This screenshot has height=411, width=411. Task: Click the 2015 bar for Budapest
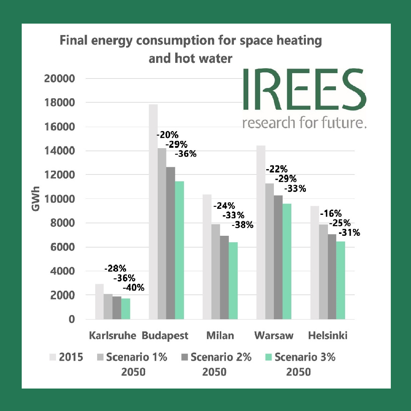[x=153, y=211]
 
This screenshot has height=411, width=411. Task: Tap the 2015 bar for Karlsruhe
[x=99, y=301]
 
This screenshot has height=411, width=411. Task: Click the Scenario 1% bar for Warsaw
[x=269, y=251]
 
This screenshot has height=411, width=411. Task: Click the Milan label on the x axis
[x=220, y=336]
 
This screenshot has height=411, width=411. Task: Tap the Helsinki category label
[x=328, y=336]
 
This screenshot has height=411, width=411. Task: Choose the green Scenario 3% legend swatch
[x=269, y=357]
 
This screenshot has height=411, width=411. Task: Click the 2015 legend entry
[x=67, y=358]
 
